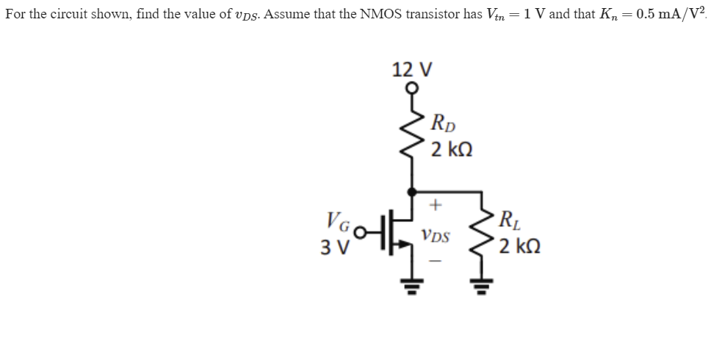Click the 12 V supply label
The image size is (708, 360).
coord(412,71)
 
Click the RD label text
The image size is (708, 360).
coord(443,122)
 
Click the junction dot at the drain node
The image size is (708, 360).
coord(411,190)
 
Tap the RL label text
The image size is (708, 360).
coord(507,218)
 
